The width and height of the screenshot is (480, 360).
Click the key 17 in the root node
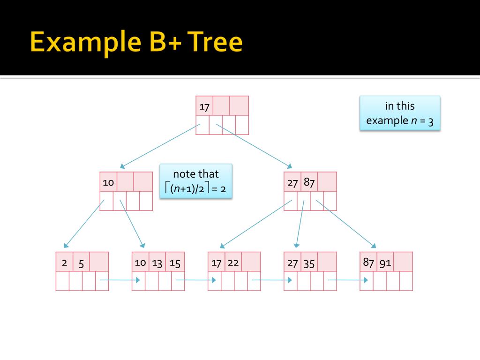click(204, 106)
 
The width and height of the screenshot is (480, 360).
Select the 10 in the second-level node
click(108, 182)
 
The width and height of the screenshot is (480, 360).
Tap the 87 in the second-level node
click(309, 182)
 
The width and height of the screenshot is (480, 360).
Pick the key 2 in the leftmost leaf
click(64, 262)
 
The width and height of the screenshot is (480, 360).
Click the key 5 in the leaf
click(81, 262)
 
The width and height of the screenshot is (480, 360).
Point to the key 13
click(157, 262)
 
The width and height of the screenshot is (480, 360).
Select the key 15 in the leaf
click(175, 262)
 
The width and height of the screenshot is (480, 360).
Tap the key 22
click(233, 262)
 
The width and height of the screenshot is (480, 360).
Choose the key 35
click(309, 262)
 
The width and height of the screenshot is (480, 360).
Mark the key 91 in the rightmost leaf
click(385, 262)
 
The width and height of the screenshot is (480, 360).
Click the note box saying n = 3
click(400, 113)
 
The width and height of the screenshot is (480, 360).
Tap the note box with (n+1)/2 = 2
click(196, 181)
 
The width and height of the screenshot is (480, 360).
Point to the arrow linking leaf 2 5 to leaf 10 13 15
click(120, 280)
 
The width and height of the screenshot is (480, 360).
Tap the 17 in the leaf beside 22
click(216, 262)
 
